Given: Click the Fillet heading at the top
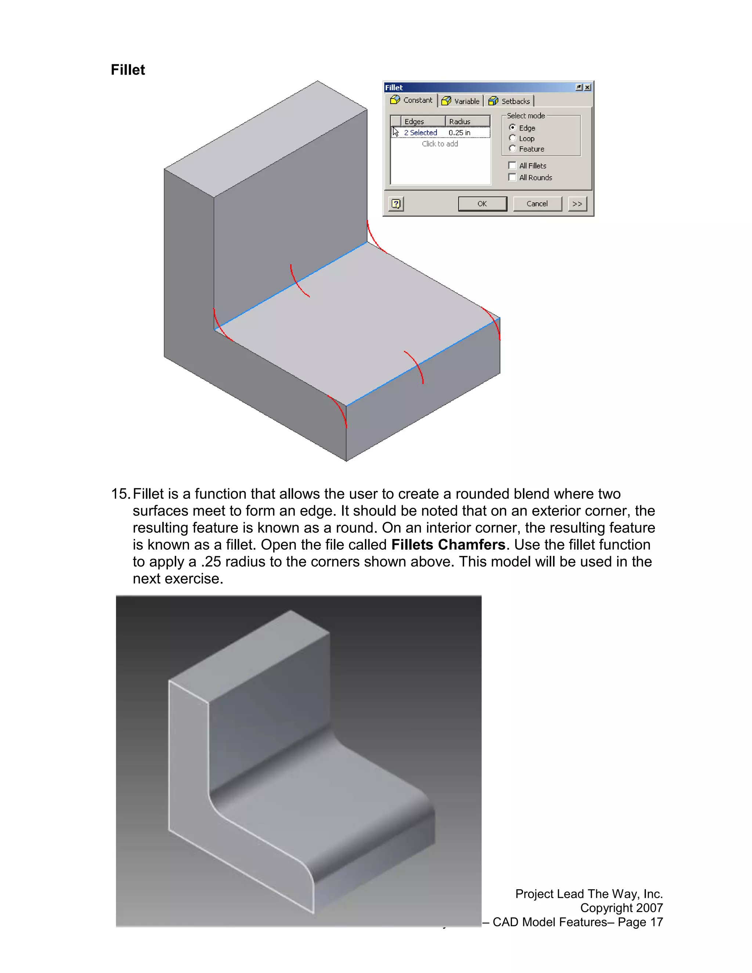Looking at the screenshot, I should click(x=127, y=70).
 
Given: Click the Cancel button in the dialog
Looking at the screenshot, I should click(x=537, y=204).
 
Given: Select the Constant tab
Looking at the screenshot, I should click(x=411, y=100).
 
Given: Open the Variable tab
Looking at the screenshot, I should click(x=461, y=101).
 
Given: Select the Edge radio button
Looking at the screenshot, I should click(x=512, y=127).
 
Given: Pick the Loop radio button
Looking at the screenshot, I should click(x=512, y=138).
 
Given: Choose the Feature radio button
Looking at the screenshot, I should click(x=512, y=148).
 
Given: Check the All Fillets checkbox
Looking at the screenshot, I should click(x=512, y=165).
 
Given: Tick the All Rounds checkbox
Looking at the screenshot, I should click(x=512, y=177).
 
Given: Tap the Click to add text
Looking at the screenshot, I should click(x=440, y=144).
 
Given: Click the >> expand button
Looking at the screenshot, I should click(x=577, y=204).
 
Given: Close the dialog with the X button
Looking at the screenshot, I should click(x=587, y=87).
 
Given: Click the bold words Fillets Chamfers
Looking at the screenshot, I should click(x=448, y=545).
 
